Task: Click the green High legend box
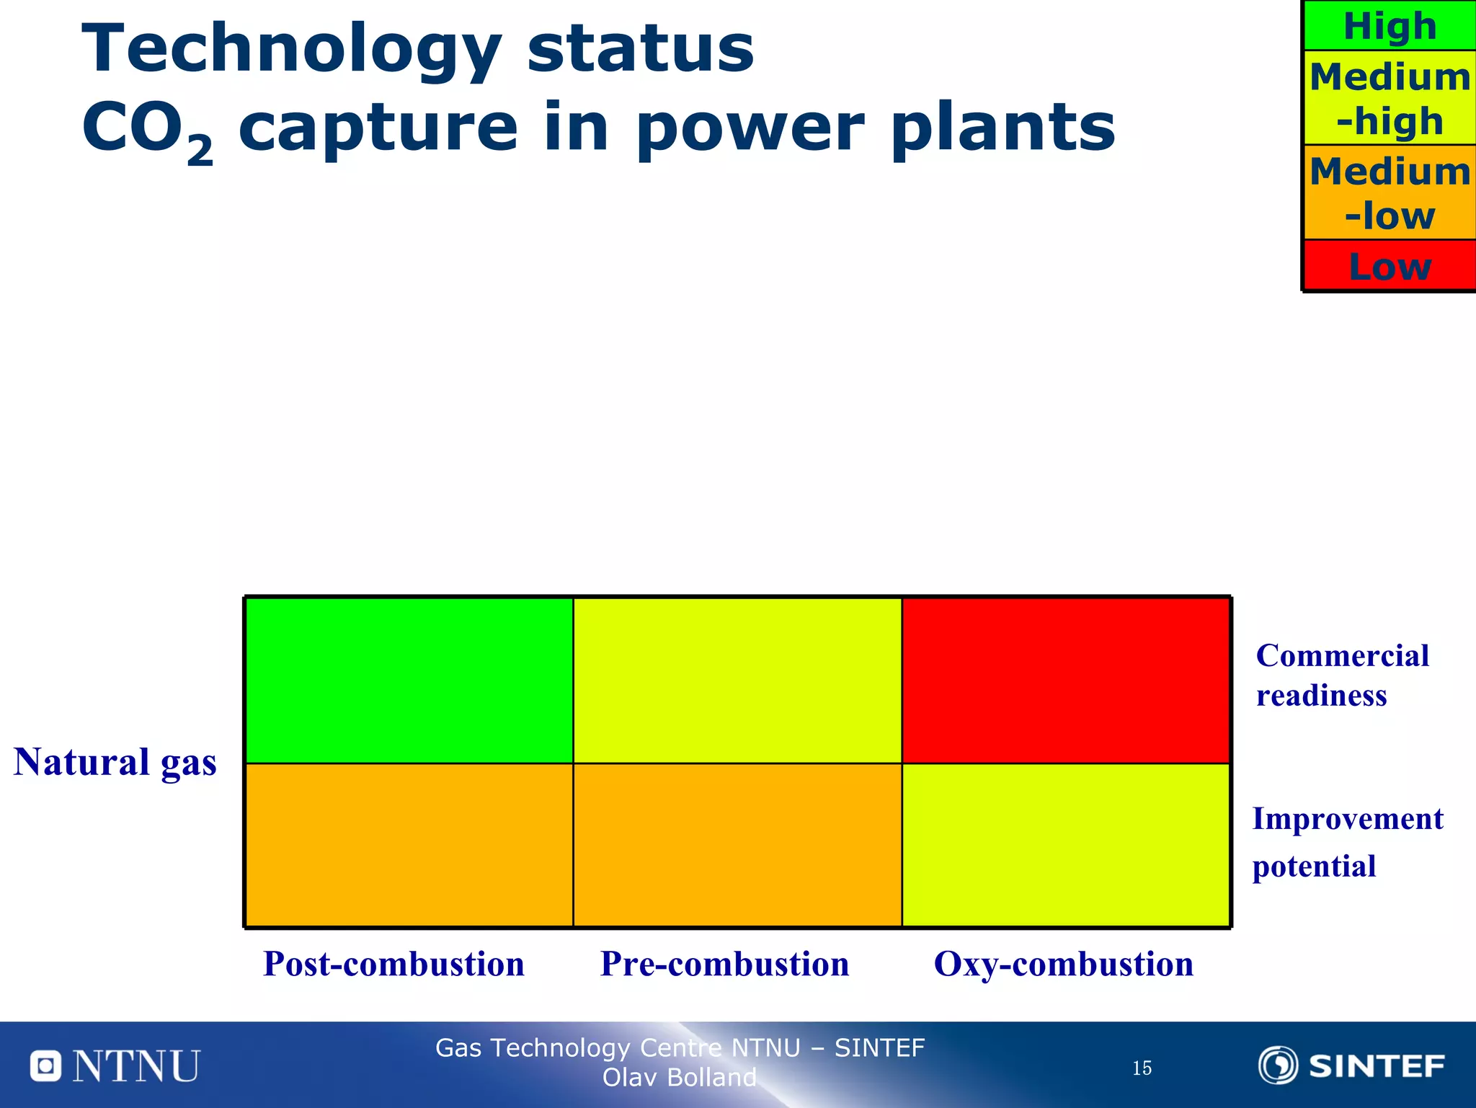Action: click(x=1390, y=26)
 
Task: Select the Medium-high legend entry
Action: click(x=1390, y=98)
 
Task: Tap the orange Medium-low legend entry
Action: click(x=1390, y=192)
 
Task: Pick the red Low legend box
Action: click(x=1390, y=266)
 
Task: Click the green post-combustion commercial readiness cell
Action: click(x=409, y=681)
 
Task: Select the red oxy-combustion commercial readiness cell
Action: click(x=1065, y=681)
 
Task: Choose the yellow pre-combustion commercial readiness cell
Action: click(x=737, y=681)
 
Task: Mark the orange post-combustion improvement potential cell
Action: click(x=409, y=845)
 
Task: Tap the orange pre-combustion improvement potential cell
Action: click(x=737, y=845)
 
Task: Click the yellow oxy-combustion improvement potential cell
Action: click(x=1065, y=845)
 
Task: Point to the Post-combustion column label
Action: click(x=394, y=964)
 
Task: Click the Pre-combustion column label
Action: click(x=724, y=964)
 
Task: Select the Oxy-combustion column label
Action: click(x=1063, y=964)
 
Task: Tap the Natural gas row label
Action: click(x=115, y=762)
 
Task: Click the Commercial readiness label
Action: click(x=1342, y=675)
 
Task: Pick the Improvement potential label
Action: click(x=1346, y=842)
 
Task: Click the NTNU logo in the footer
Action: click(x=115, y=1065)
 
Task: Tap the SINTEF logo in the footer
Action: click(x=1351, y=1065)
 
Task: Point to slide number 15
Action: click(x=1142, y=1068)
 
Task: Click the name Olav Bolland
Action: click(x=679, y=1077)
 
